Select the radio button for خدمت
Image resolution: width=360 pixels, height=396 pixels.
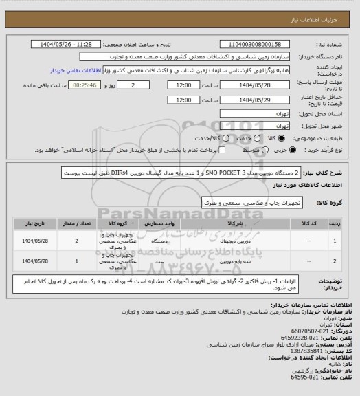coord(236,138)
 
